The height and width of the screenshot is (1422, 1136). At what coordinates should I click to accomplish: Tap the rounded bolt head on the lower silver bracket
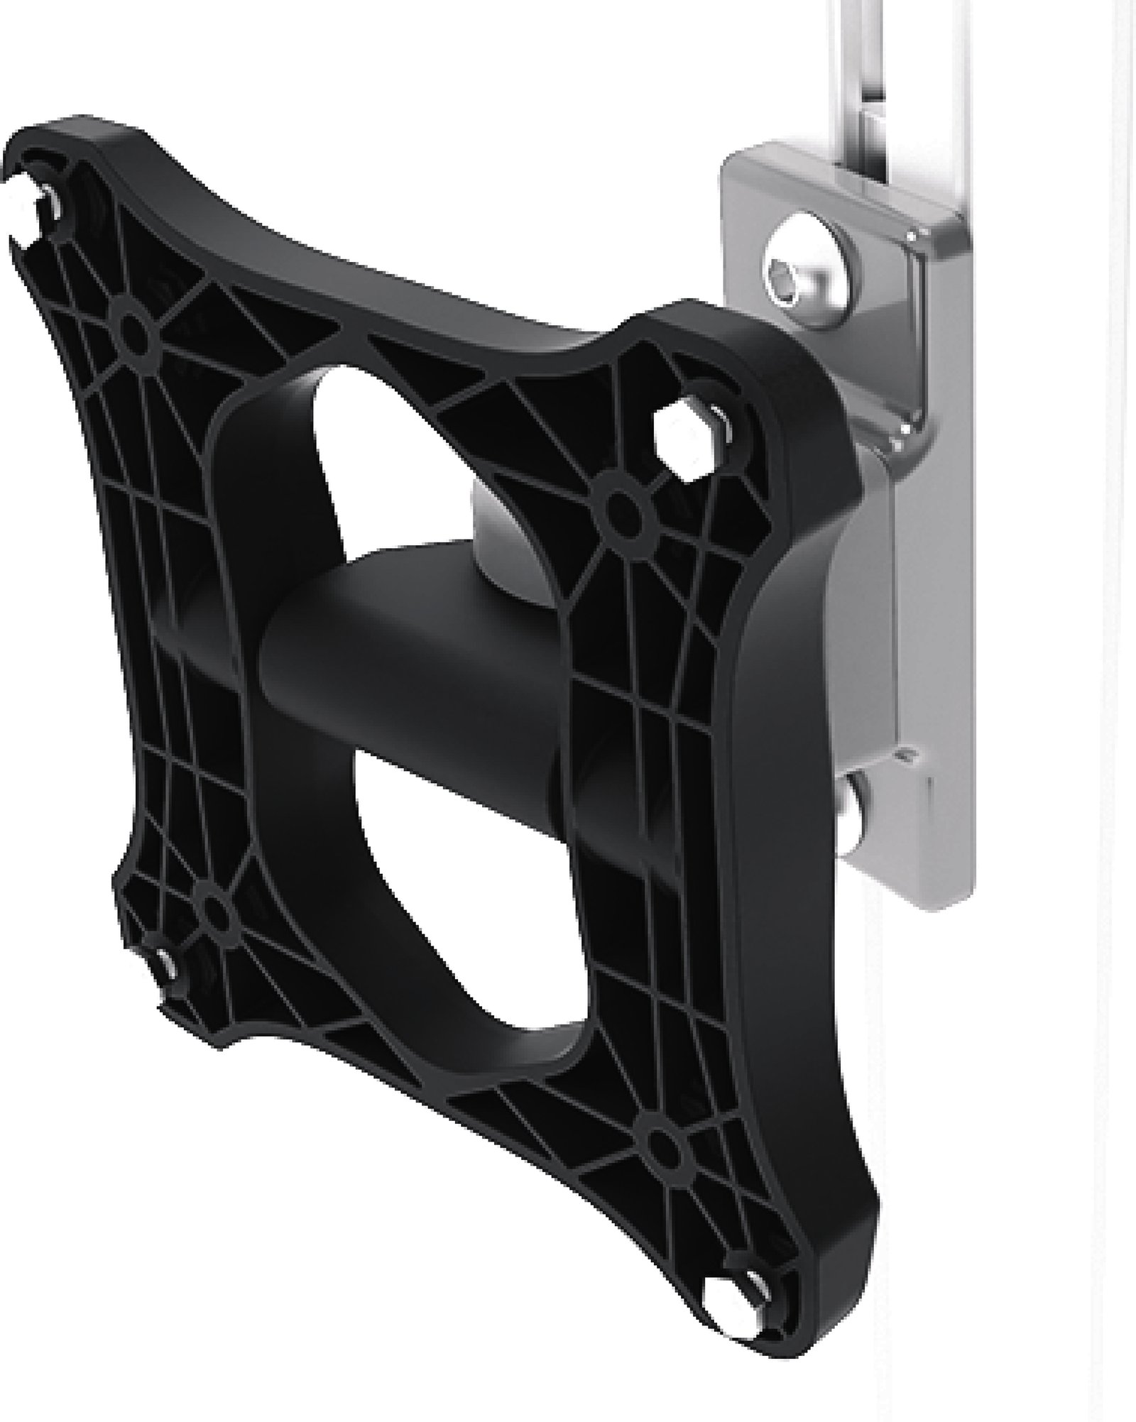855,806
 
